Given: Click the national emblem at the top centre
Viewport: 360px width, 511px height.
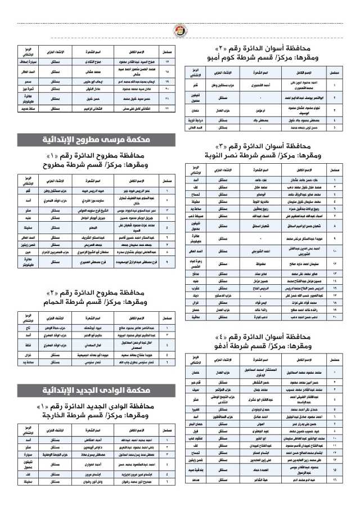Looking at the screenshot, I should (180, 29).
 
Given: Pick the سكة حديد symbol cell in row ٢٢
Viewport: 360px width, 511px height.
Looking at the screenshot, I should (29, 107).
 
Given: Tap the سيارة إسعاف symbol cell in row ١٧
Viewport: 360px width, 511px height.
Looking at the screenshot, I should (29, 60).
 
